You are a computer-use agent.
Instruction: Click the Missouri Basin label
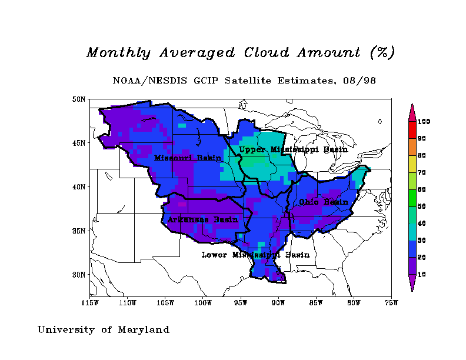point(188,158)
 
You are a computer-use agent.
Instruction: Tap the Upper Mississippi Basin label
point(293,149)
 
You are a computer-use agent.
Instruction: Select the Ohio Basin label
point(324,202)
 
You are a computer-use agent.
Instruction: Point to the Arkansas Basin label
point(202,219)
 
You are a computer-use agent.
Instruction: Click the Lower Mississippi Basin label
point(255,255)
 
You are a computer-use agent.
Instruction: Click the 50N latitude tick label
point(79,99)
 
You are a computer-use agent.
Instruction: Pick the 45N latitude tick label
point(79,143)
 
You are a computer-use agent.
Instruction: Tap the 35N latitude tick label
point(79,231)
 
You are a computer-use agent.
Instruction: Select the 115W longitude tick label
point(90,303)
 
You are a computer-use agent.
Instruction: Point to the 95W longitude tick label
point(241,303)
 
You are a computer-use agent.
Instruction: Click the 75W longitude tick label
point(391,303)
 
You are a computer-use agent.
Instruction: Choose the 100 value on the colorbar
point(424,122)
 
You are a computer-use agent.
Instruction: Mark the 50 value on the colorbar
point(422,206)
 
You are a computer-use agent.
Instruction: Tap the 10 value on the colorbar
point(422,275)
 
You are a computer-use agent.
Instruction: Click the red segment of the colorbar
point(412,130)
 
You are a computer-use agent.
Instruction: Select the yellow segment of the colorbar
point(412,164)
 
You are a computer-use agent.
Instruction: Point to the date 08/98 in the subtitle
point(361,80)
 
